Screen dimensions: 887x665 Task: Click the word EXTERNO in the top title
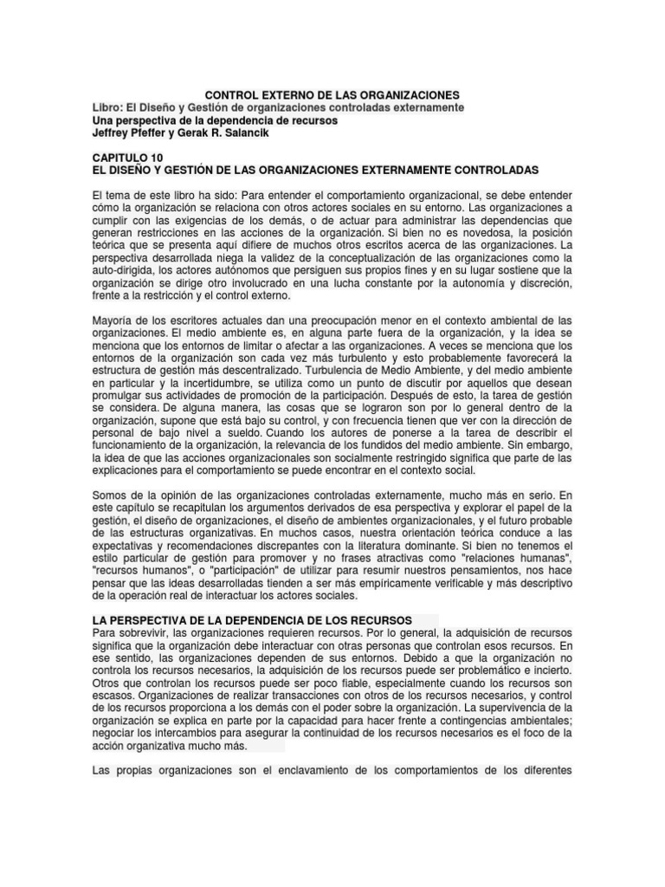299,94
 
